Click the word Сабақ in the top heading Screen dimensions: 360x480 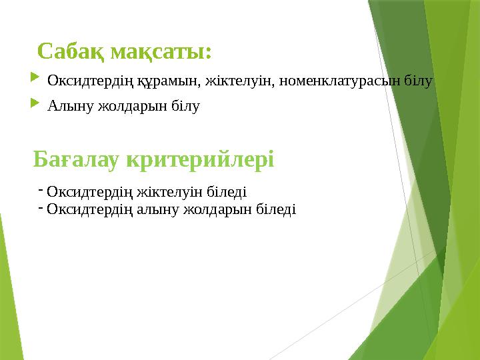pos(71,51)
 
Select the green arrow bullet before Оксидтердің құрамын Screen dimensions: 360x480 pos(35,81)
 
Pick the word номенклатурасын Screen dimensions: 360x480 pos(335,81)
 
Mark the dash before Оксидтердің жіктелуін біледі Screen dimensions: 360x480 pos(41,189)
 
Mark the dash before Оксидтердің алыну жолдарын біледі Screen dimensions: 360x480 pos(41,207)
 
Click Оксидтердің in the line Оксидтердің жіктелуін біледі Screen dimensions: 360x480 pos(89,192)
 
